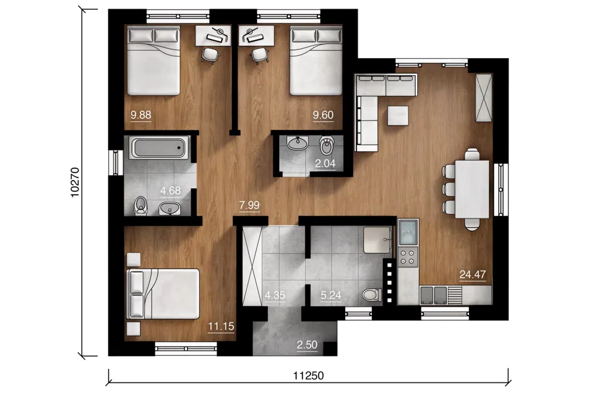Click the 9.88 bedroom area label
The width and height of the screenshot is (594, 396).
click(x=141, y=115)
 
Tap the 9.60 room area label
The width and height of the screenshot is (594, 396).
click(x=323, y=115)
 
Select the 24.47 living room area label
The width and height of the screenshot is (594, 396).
click(x=472, y=274)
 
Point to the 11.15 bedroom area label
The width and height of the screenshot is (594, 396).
click(x=221, y=326)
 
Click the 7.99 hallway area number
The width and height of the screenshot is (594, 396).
click(x=249, y=205)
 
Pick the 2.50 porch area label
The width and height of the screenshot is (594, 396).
click(x=307, y=345)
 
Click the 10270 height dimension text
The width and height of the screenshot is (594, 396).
click(x=75, y=183)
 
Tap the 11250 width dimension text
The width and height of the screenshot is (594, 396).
click(x=308, y=376)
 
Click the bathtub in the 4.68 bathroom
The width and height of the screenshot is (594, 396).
click(x=159, y=147)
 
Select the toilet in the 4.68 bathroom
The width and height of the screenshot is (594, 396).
click(x=140, y=205)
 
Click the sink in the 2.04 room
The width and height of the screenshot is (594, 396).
click(x=298, y=143)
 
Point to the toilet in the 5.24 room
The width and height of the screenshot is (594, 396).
click(x=372, y=295)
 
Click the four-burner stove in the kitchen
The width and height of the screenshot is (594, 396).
click(x=408, y=256)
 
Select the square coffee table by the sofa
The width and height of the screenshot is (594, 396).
click(x=398, y=115)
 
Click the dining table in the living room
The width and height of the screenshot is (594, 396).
click(x=472, y=189)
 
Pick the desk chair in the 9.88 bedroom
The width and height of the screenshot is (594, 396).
click(x=210, y=54)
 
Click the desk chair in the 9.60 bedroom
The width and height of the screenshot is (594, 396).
click(x=259, y=54)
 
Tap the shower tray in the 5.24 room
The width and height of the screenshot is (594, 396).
click(x=377, y=240)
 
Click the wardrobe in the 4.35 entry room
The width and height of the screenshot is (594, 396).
click(x=252, y=265)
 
